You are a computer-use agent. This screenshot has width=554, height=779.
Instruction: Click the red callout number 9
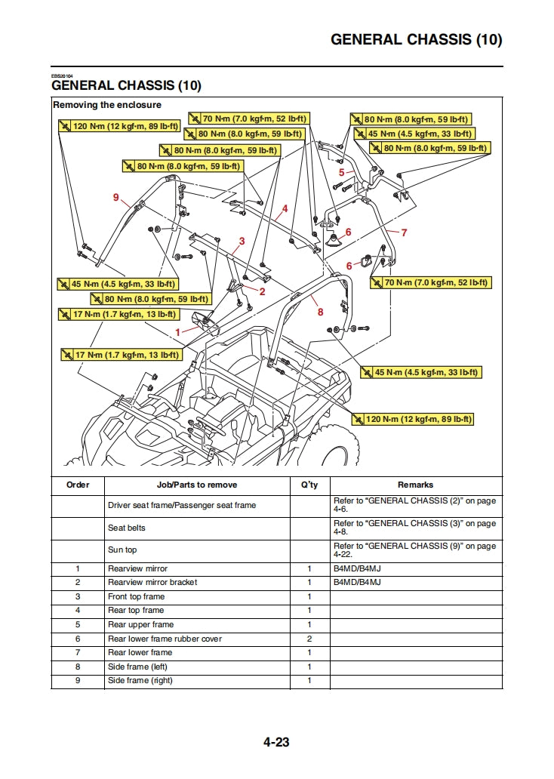[116, 197]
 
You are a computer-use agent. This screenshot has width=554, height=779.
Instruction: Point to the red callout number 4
[285, 208]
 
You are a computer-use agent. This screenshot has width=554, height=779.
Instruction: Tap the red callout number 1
[178, 331]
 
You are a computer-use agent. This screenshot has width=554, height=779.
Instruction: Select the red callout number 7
[404, 232]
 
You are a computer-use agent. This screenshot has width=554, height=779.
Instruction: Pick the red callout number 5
[341, 173]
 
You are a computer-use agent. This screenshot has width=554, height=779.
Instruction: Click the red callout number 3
[242, 242]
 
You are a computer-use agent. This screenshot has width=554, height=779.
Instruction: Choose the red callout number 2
[262, 291]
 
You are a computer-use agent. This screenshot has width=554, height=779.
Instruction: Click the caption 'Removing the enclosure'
[107, 105]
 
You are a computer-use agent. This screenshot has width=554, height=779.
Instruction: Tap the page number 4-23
[276, 742]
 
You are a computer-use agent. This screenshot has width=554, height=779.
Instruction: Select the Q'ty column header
[309, 485]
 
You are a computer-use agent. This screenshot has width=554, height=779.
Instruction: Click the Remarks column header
[415, 485]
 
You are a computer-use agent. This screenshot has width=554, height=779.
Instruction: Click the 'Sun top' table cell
[122, 550]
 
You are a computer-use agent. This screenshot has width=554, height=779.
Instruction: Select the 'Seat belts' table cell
[127, 528]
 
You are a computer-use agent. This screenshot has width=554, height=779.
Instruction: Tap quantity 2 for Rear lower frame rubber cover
[309, 639]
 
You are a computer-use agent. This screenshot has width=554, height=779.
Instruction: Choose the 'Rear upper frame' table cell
[140, 624]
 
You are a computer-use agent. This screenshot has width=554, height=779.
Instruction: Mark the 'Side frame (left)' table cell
[137, 667]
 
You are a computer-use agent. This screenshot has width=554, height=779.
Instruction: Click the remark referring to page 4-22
[415, 550]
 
